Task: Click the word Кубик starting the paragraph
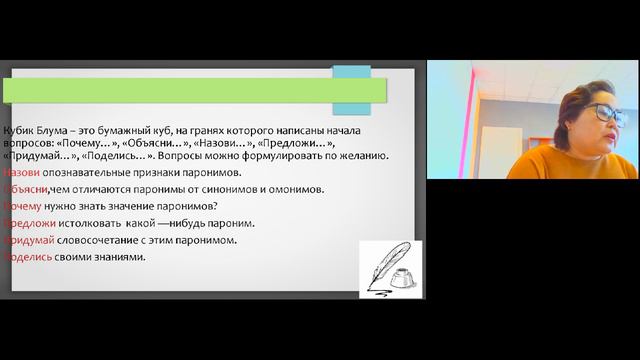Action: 20,132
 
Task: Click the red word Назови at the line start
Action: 21,172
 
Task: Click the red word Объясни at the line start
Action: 23,188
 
